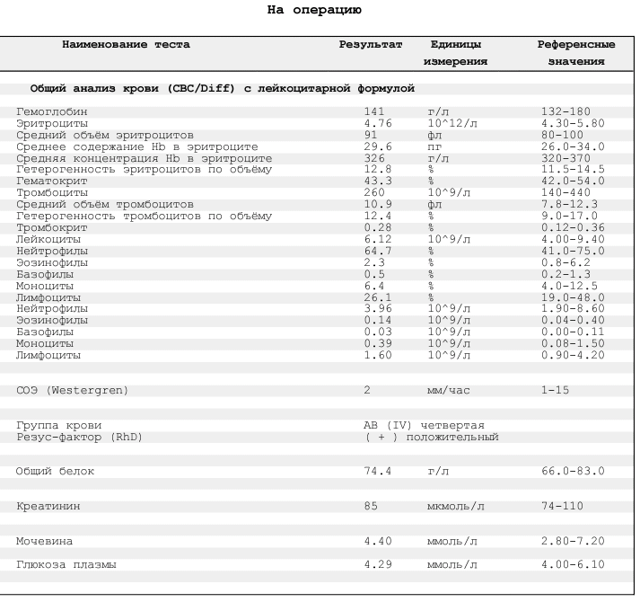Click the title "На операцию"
(x=315, y=11)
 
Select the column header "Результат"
(x=371, y=44)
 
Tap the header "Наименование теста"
(x=126, y=44)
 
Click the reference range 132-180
(x=565, y=111)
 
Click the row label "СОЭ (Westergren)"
(x=72, y=391)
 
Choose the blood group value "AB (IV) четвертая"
(x=424, y=425)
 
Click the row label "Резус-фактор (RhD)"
(x=79, y=437)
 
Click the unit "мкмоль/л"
(x=455, y=506)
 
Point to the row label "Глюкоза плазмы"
(x=66, y=564)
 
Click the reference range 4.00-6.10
(x=573, y=564)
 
